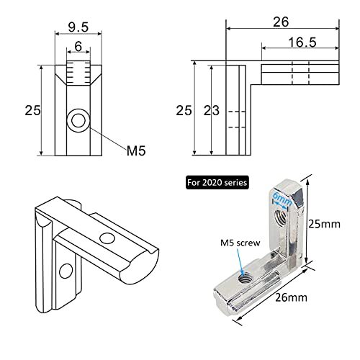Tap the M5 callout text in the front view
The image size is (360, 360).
tap(137, 150)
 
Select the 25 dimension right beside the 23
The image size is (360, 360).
tap(184, 110)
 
